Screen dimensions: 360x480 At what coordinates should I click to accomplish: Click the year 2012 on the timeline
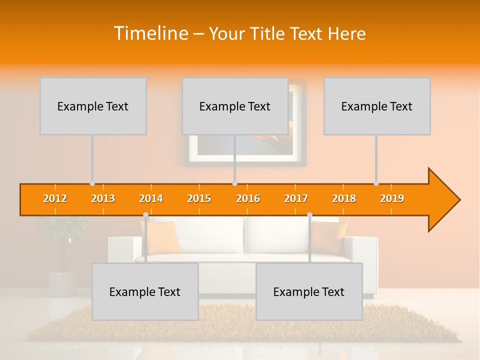pos(55,198)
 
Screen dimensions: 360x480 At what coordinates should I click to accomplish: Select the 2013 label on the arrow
pos(103,198)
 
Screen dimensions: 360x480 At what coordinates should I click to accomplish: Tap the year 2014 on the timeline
pos(151,198)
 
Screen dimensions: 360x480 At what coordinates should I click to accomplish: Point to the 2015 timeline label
pos(199,198)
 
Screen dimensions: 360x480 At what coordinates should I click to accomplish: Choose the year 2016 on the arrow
pos(248,198)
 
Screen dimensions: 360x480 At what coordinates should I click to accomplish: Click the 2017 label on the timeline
pos(296,198)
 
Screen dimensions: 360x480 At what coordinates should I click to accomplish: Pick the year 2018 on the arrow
pos(344,198)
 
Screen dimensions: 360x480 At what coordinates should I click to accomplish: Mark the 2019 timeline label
pos(392,198)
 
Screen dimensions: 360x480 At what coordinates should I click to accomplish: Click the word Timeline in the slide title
pos(149,33)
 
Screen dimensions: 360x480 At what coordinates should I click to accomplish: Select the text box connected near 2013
pos(93,106)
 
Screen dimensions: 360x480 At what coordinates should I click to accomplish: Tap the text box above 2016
pos(235,106)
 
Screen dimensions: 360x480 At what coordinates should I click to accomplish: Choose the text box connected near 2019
pos(377,106)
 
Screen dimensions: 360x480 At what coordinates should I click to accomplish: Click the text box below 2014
pos(145,291)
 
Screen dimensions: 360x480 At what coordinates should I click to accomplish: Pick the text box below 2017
pos(309,291)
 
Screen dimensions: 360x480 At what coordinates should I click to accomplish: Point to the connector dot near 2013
pos(92,183)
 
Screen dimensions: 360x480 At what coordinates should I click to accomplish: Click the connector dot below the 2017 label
pos(309,215)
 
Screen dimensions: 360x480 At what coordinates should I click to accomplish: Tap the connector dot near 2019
pos(376,183)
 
